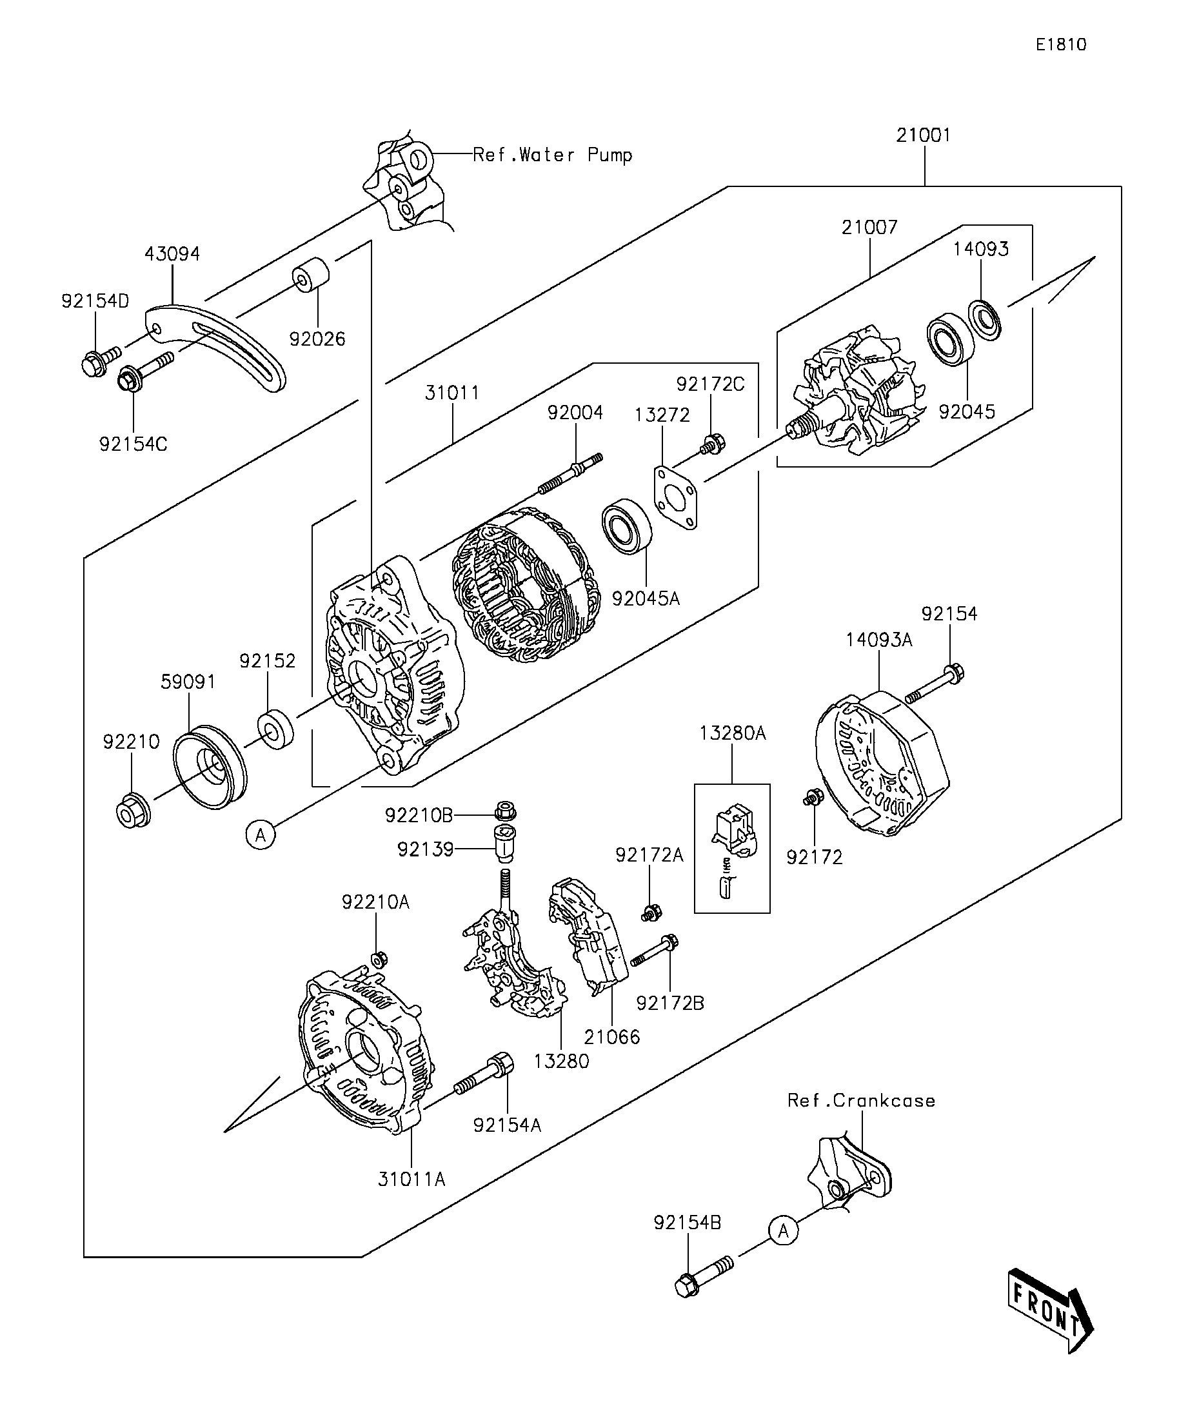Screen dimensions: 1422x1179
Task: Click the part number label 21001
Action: (923, 135)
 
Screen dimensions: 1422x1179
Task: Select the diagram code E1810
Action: (1061, 44)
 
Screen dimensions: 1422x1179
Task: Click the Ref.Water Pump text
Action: (553, 155)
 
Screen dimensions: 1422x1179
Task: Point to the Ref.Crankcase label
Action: (861, 1100)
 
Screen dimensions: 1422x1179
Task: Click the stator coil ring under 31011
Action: (521, 586)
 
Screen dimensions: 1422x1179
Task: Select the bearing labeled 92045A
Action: (626, 526)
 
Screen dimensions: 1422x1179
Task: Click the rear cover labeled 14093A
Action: (880, 762)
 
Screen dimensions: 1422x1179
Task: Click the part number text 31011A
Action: (411, 1179)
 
